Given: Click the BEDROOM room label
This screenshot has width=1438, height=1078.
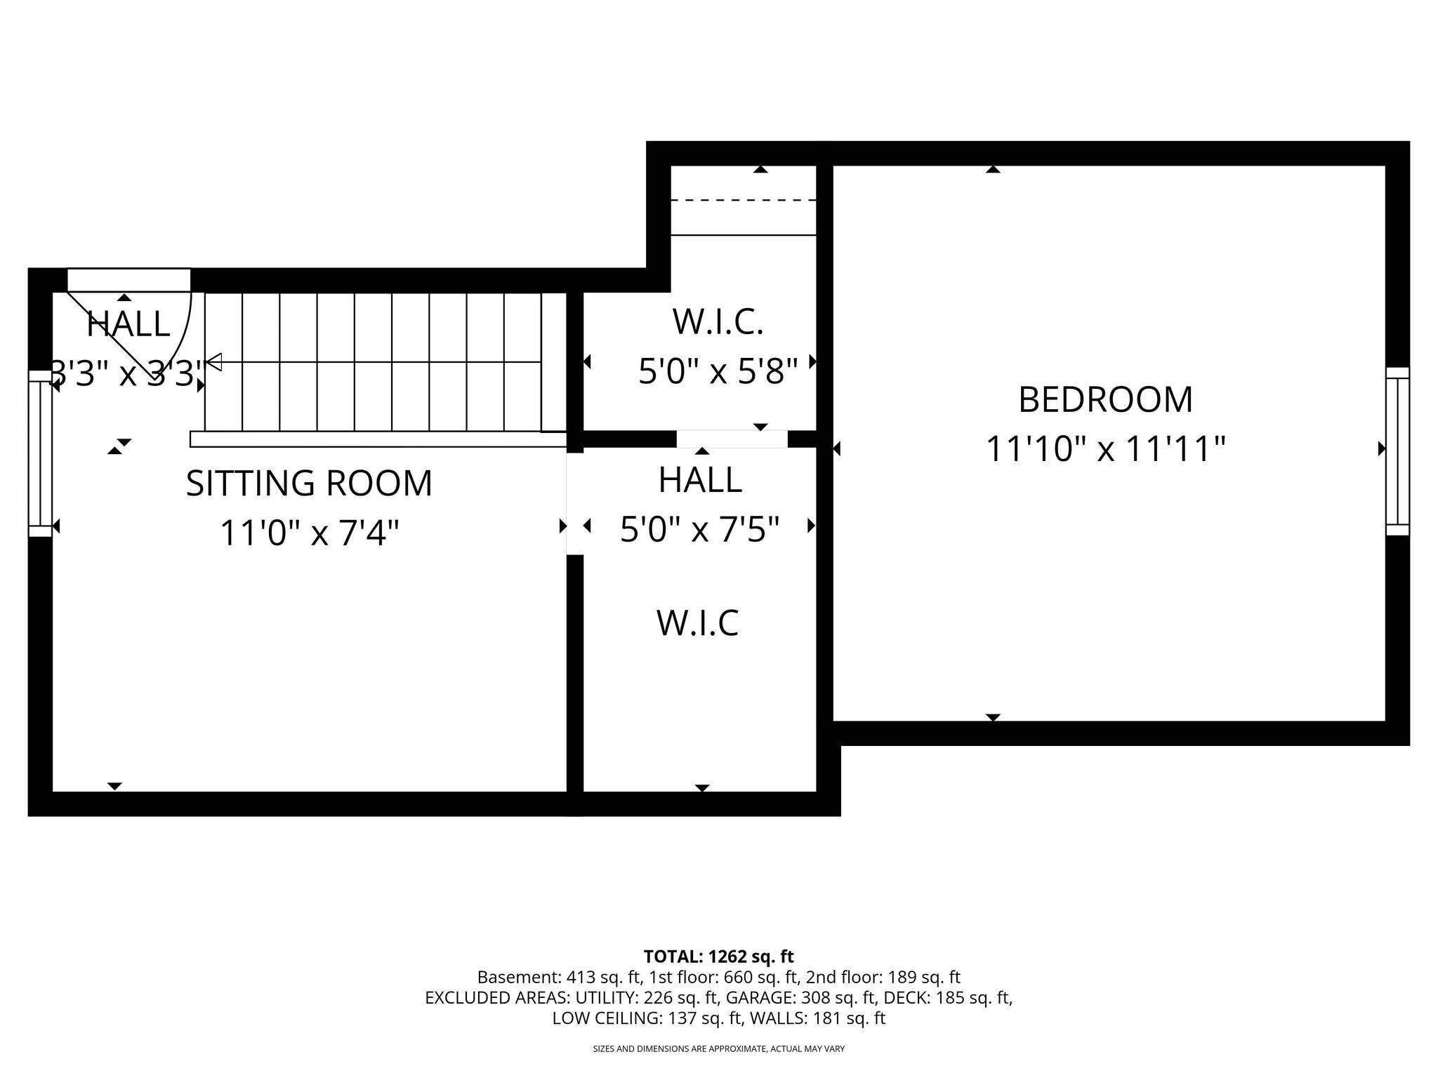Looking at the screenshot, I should (1105, 399).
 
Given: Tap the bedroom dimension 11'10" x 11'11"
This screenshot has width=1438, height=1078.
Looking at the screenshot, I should (1105, 449).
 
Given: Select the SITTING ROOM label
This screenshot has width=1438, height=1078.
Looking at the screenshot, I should (309, 484).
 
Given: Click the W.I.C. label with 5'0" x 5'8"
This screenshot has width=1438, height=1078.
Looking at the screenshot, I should (718, 322).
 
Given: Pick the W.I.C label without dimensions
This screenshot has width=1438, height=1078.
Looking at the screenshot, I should (697, 623).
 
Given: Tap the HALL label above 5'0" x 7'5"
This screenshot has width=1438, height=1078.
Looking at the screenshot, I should (700, 480).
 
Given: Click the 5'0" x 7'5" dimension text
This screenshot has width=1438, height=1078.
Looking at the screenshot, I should (700, 530).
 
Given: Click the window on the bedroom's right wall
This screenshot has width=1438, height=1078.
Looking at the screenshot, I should (1397, 451).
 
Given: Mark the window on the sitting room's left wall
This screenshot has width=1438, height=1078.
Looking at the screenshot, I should (40, 454).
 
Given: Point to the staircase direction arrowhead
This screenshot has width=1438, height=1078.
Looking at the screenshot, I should (213, 362).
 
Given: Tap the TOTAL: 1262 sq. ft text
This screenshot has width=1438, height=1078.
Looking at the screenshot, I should (718, 956).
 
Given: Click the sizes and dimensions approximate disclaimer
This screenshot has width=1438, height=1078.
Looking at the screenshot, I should (718, 1049).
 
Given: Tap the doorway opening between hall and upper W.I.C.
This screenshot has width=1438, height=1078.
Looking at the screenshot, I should (732, 439).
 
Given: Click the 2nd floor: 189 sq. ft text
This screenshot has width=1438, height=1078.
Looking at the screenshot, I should (883, 977).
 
